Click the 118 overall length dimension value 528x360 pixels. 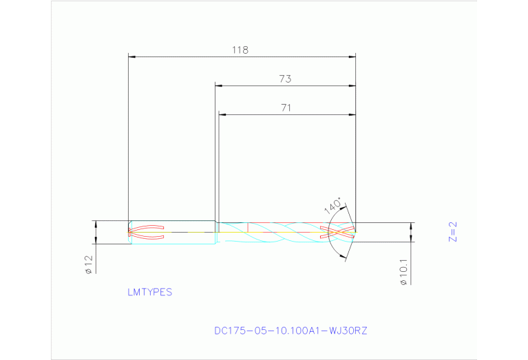coord(240,50)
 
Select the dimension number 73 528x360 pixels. coord(285,79)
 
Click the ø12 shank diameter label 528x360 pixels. coord(88,264)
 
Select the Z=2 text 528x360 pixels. coord(452,232)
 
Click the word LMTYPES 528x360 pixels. coord(149,292)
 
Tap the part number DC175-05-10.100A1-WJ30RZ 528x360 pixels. coord(291,330)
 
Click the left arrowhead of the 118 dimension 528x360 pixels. coord(133,57)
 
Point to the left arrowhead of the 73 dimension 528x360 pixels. coord(219,86)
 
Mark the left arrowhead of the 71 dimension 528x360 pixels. coord(222,114)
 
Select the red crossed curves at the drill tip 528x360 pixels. coord(339,232)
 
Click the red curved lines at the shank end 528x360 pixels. coord(146,232)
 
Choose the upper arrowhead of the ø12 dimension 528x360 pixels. coord(96,224)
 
